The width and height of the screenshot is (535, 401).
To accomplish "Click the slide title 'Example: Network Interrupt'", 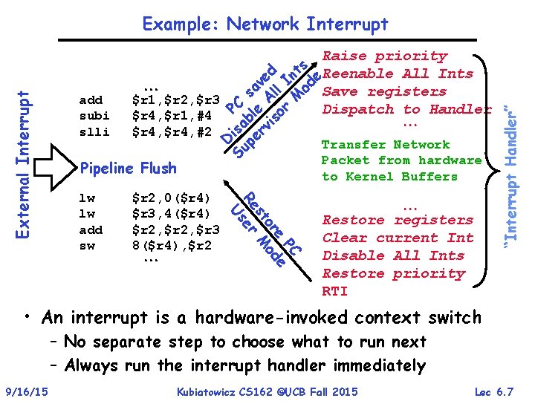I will tap(265, 25).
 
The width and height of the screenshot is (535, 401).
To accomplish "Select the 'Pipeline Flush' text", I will tap(128, 168).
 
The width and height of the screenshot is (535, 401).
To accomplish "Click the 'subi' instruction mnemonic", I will tap(94, 116).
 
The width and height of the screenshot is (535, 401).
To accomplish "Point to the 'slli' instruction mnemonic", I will tap(94, 132).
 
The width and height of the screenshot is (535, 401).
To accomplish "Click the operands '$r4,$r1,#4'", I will tap(172, 116).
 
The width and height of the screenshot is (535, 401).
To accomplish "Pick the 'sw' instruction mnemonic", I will tap(86, 245).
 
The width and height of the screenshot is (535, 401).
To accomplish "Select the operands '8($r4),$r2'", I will tap(172, 245).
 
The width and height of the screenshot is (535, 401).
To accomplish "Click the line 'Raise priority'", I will tap(386, 56).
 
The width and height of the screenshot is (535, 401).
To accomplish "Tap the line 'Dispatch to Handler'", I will tap(406, 110).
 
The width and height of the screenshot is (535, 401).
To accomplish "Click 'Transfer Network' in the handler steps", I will tap(386, 145).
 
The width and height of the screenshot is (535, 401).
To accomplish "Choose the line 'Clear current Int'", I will tap(398, 238).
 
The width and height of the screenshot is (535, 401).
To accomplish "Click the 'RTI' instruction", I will tap(334, 291).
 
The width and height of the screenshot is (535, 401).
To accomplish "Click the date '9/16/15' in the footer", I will tap(26, 391).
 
